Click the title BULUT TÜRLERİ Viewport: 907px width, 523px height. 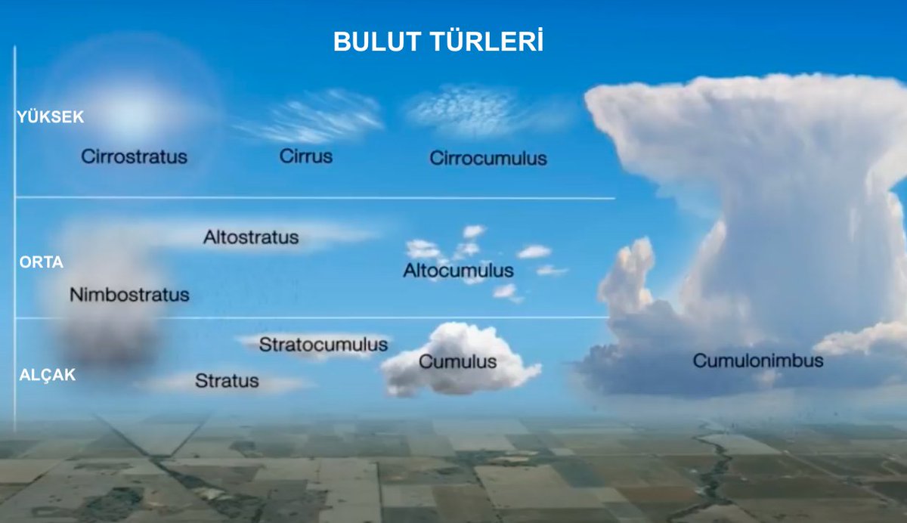click(438, 41)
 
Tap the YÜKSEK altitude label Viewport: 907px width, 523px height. click(50, 117)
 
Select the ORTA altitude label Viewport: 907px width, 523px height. click(42, 262)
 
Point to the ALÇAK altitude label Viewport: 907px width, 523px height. click(48, 376)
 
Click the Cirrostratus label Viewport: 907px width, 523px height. click(134, 156)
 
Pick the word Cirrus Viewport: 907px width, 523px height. click(305, 156)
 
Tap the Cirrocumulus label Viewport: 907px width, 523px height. click(488, 158)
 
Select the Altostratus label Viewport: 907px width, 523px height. click(251, 237)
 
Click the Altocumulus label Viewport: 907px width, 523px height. click(458, 271)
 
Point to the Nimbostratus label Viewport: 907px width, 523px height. click(129, 295)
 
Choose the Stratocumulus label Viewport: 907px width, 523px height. click(323, 345)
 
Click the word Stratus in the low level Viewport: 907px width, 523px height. click(227, 380)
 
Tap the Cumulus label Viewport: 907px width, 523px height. click(457, 361)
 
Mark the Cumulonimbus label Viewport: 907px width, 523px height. click(758, 361)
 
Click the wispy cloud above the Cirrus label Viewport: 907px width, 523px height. click(311, 117)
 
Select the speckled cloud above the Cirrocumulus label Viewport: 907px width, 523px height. click(469, 110)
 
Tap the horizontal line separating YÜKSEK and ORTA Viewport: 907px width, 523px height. click(315, 198)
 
